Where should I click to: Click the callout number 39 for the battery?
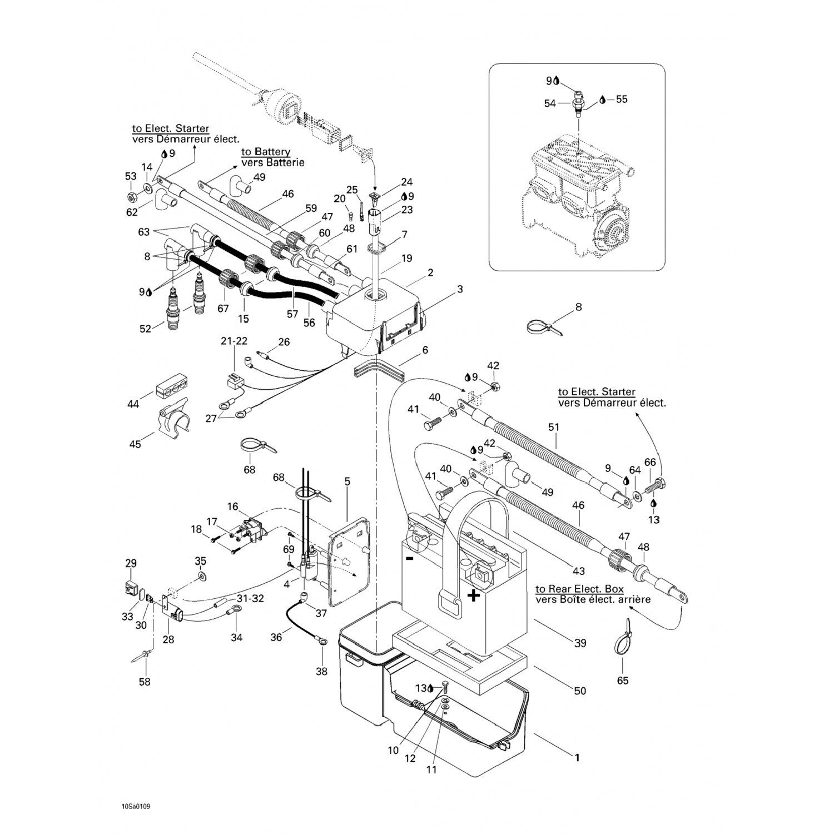[x=580, y=643]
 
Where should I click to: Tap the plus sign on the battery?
[x=473, y=596]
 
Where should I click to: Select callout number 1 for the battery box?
[x=577, y=757]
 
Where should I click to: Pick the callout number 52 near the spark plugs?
[x=145, y=329]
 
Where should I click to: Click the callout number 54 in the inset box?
[x=550, y=103]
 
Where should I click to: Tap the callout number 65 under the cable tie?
[x=623, y=681]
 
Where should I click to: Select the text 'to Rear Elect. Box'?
[x=579, y=589]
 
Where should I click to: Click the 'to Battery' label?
[x=266, y=152]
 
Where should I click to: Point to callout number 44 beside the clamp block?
[x=133, y=404]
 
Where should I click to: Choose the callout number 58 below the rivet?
[x=145, y=682]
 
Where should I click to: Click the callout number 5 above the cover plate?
[x=348, y=481]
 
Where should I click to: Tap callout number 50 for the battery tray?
[x=580, y=691]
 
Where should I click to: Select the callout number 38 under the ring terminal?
[x=321, y=671]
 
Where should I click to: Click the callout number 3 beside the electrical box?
[x=460, y=289]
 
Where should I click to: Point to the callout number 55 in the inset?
[x=621, y=99]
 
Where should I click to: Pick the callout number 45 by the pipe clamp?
[x=135, y=444]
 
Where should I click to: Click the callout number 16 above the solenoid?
[x=232, y=507]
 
